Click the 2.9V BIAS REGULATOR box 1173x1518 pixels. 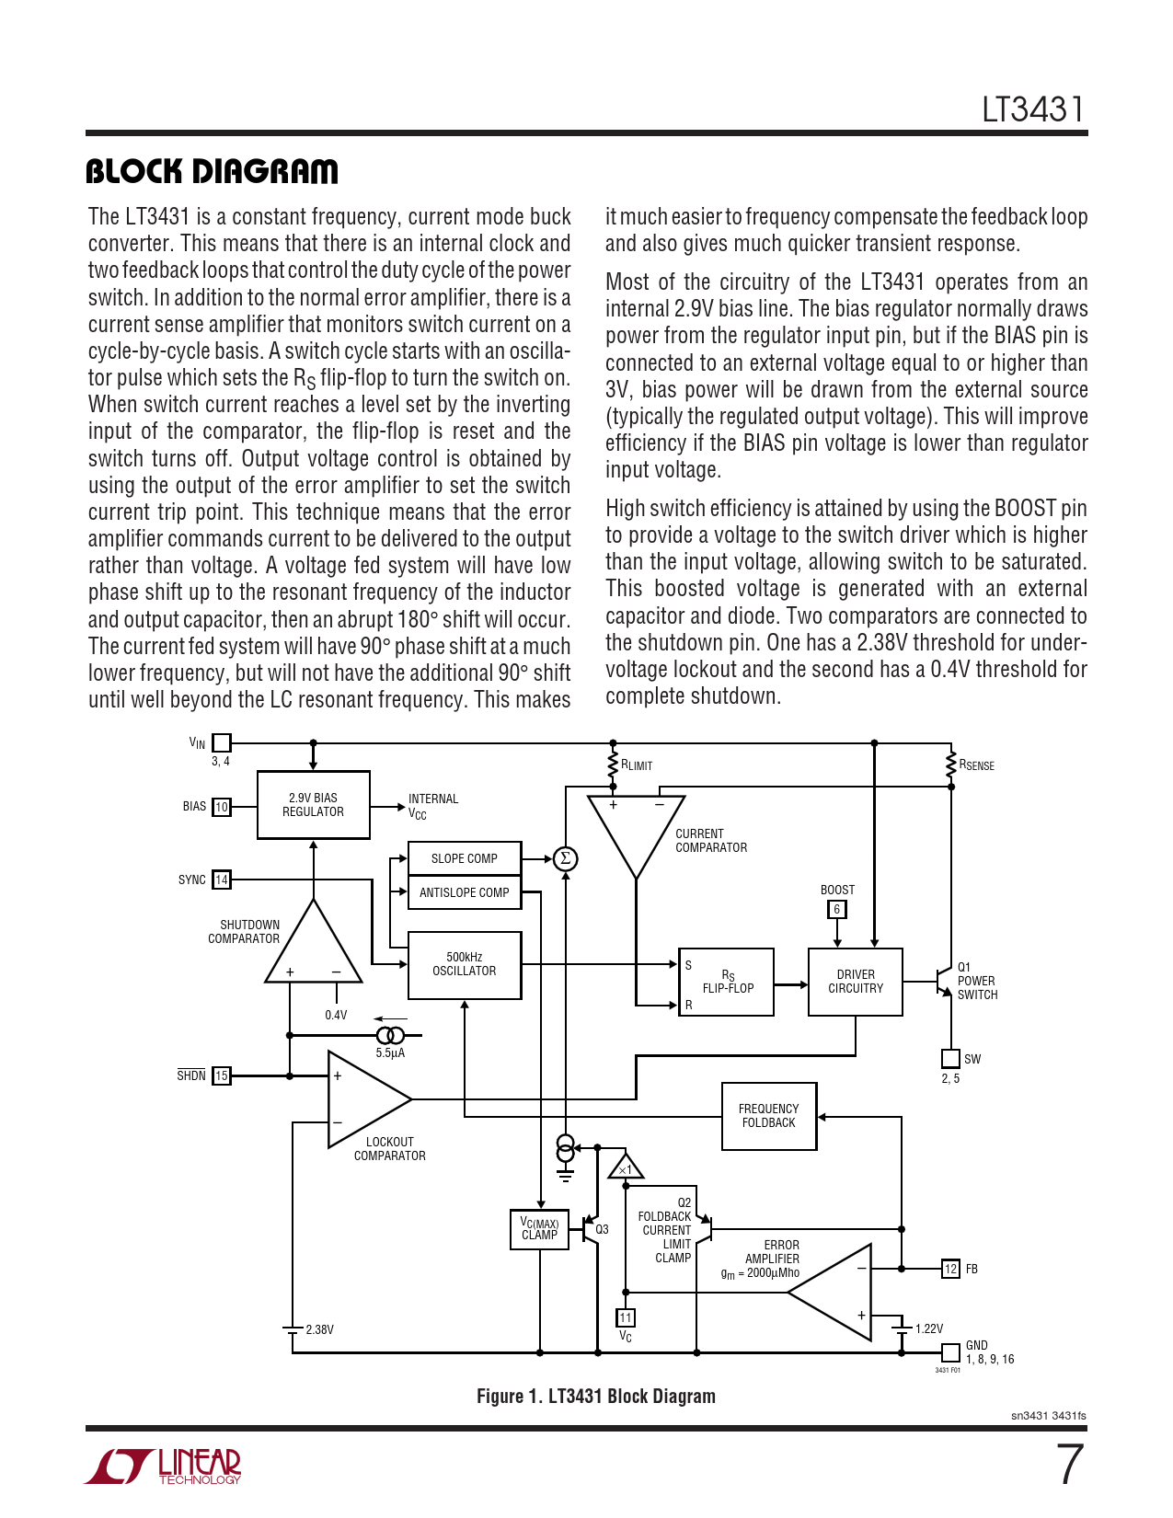click(x=313, y=805)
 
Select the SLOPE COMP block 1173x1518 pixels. click(x=465, y=858)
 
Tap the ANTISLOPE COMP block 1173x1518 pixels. click(x=465, y=892)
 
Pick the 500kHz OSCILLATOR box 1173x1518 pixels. click(x=465, y=964)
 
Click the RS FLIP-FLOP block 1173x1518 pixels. click(x=727, y=982)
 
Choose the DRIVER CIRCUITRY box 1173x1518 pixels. click(x=856, y=982)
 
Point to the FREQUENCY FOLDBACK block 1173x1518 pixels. click(x=769, y=1116)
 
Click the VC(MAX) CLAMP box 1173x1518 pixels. click(x=540, y=1229)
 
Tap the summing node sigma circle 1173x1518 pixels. click(x=566, y=858)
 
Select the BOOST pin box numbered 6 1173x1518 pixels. click(x=836, y=909)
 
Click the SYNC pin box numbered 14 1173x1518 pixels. click(x=222, y=880)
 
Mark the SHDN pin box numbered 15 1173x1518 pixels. click(x=222, y=1075)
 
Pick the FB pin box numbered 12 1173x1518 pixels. click(x=950, y=1269)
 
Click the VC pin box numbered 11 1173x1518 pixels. click(x=626, y=1317)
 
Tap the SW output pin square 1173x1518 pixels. click(x=950, y=1059)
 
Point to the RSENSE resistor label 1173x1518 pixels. click(x=976, y=765)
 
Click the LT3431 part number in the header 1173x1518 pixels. click(x=1033, y=109)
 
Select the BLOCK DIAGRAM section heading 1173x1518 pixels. click(x=212, y=171)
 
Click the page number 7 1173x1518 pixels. click(x=1069, y=1465)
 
